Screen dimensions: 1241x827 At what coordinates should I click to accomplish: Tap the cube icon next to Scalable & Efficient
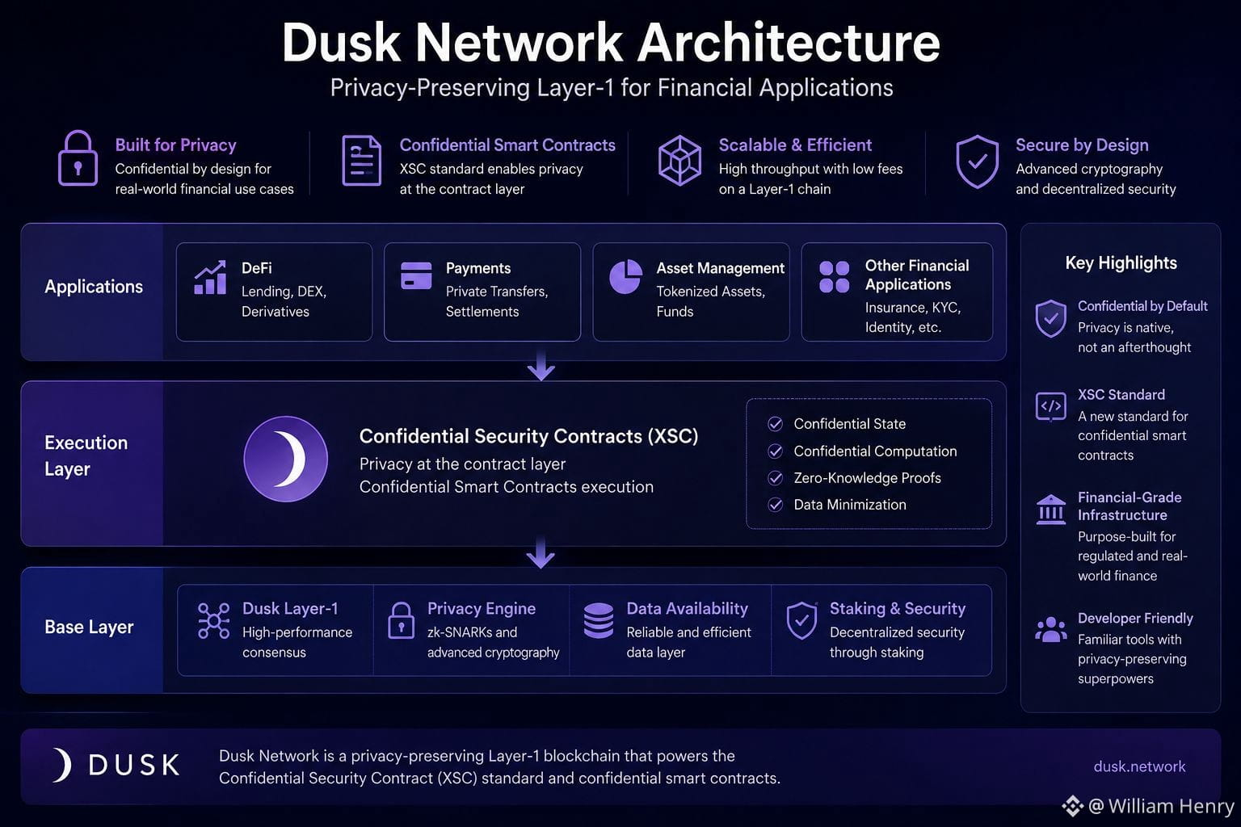click(x=679, y=160)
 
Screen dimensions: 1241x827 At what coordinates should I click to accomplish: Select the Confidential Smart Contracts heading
click(x=507, y=145)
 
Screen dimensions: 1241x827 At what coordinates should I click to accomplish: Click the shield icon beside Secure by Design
click(x=978, y=162)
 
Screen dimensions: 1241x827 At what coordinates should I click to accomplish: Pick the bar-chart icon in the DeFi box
click(x=210, y=277)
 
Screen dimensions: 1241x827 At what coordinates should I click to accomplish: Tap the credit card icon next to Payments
click(x=416, y=275)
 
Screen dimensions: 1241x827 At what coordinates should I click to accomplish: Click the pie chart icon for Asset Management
click(x=625, y=276)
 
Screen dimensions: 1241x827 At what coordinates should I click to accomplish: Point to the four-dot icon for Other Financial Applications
click(x=835, y=277)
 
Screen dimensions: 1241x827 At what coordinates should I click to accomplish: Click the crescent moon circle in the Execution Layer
click(x=286, y=459)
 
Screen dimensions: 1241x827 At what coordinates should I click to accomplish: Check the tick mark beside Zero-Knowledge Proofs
click(x=775, y=478)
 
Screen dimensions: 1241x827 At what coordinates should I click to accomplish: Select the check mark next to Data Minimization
click(x=775, y=505)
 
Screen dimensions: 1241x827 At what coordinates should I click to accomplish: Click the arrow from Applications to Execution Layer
click(x=541, y=365)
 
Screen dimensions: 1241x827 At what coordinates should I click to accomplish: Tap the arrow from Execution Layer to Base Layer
click(x=541, y=552)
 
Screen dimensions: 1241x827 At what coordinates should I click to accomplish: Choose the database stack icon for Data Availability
click(x=599, y=620)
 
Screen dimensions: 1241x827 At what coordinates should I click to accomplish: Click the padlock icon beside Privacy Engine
click(x=401, y=620)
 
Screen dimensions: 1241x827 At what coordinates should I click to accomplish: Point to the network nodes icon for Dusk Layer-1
click(x=214, y=621)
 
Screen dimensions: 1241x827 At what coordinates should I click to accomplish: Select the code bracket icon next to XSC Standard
click(x=1050, y=406)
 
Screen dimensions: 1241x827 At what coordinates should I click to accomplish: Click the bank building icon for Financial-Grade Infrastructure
click(x=1050, y=510)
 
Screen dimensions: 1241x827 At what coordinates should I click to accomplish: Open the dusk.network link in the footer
click(x=1140, y=766)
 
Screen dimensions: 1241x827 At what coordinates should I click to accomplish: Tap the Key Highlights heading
click(x=1121, y=262)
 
